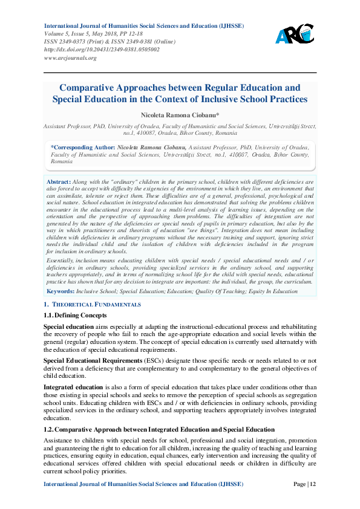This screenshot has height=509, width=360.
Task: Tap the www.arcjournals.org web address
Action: coord(70,58)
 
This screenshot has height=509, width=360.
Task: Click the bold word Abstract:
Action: coord(59,181)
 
